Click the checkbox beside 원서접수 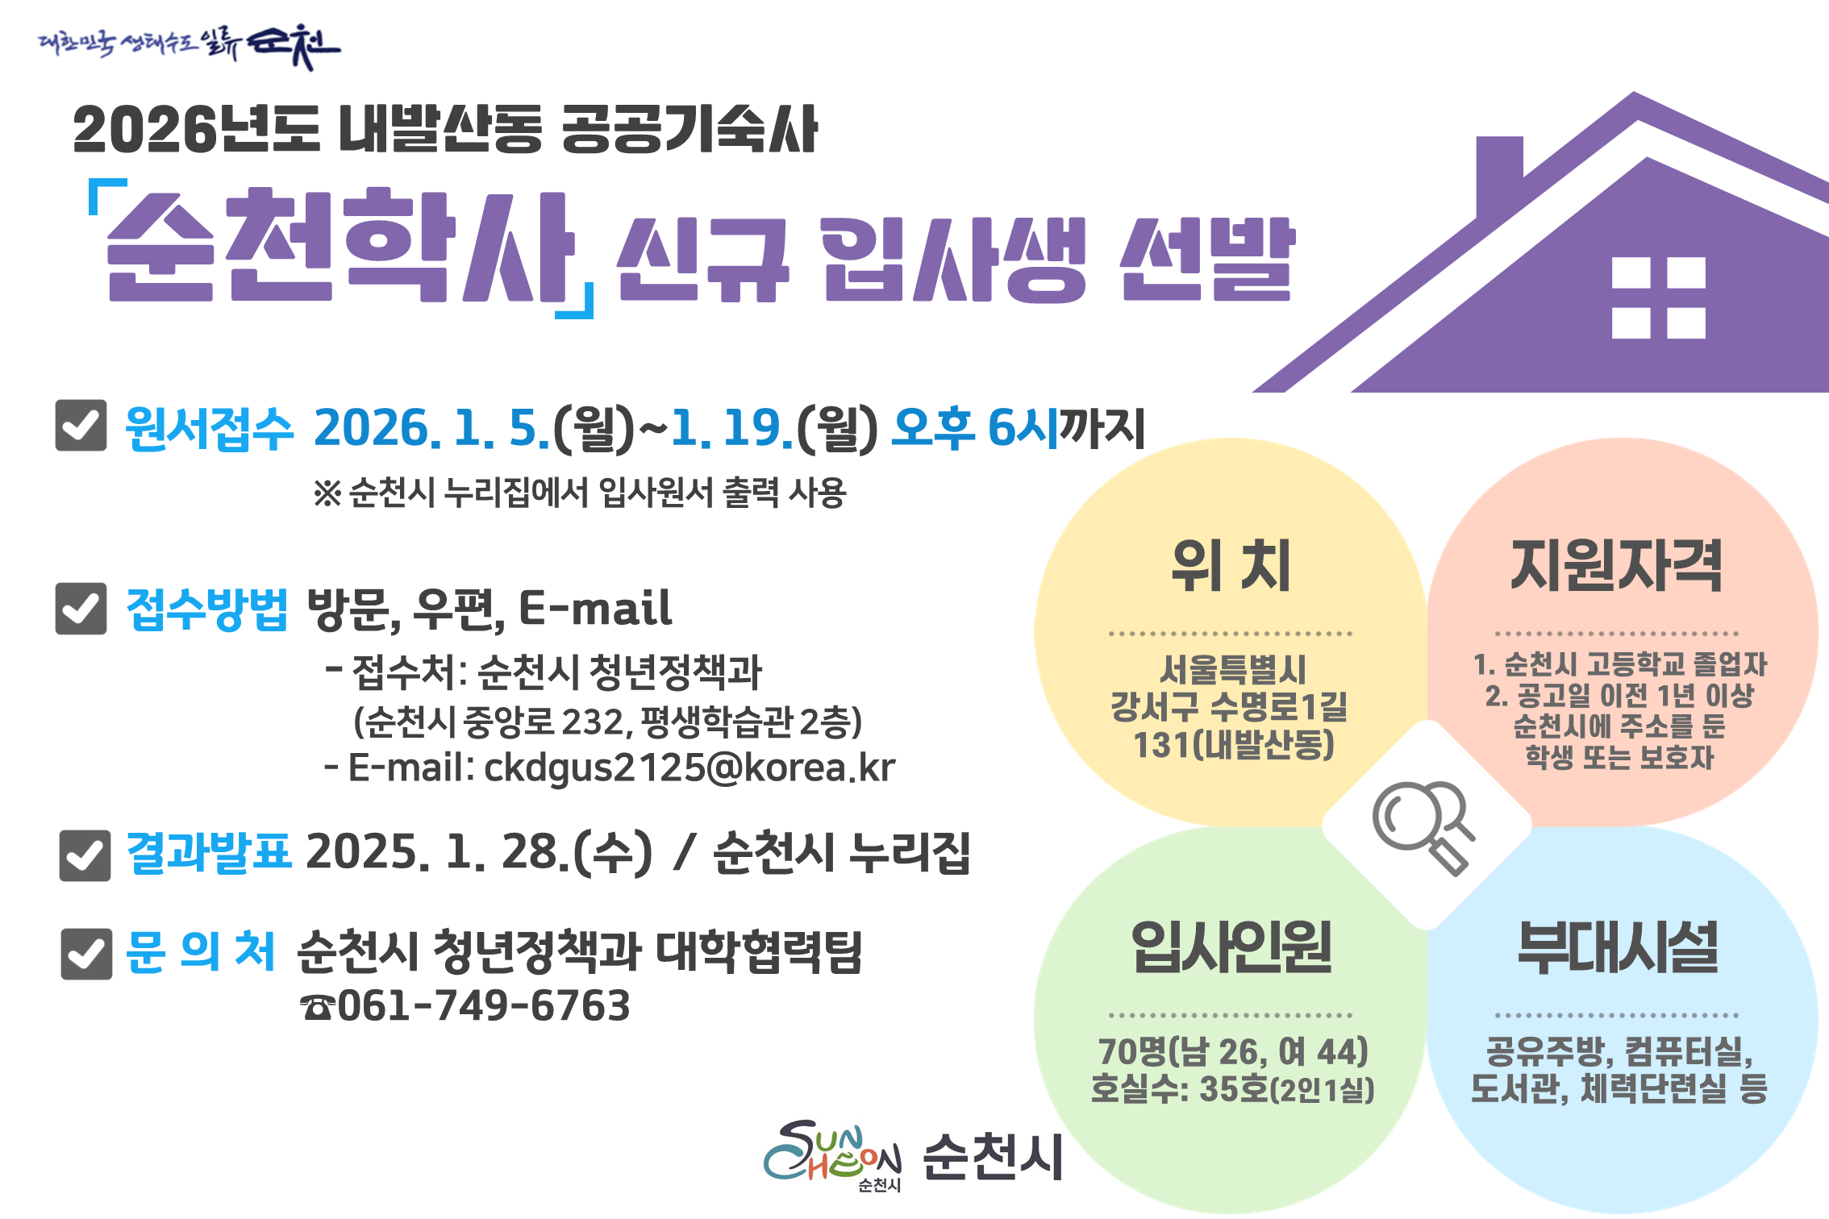(x=81, y=425)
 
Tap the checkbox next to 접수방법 (x=81, y=608)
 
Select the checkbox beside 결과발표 (x=85, y=855)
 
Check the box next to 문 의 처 (x=86, y=954)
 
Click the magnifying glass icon (x=1423, y=826)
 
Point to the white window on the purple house (x=1658, y=297)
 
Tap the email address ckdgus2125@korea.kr (x=689, y=768)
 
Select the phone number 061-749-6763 (x=483, y=1005)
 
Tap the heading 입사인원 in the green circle (x=1231, y=946)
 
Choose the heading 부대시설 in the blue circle (x=1617, y=946)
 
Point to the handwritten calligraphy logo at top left (x=190, y=44)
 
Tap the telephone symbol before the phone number (x=317, y=1007)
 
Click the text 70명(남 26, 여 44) (x=1233, y=1051)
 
